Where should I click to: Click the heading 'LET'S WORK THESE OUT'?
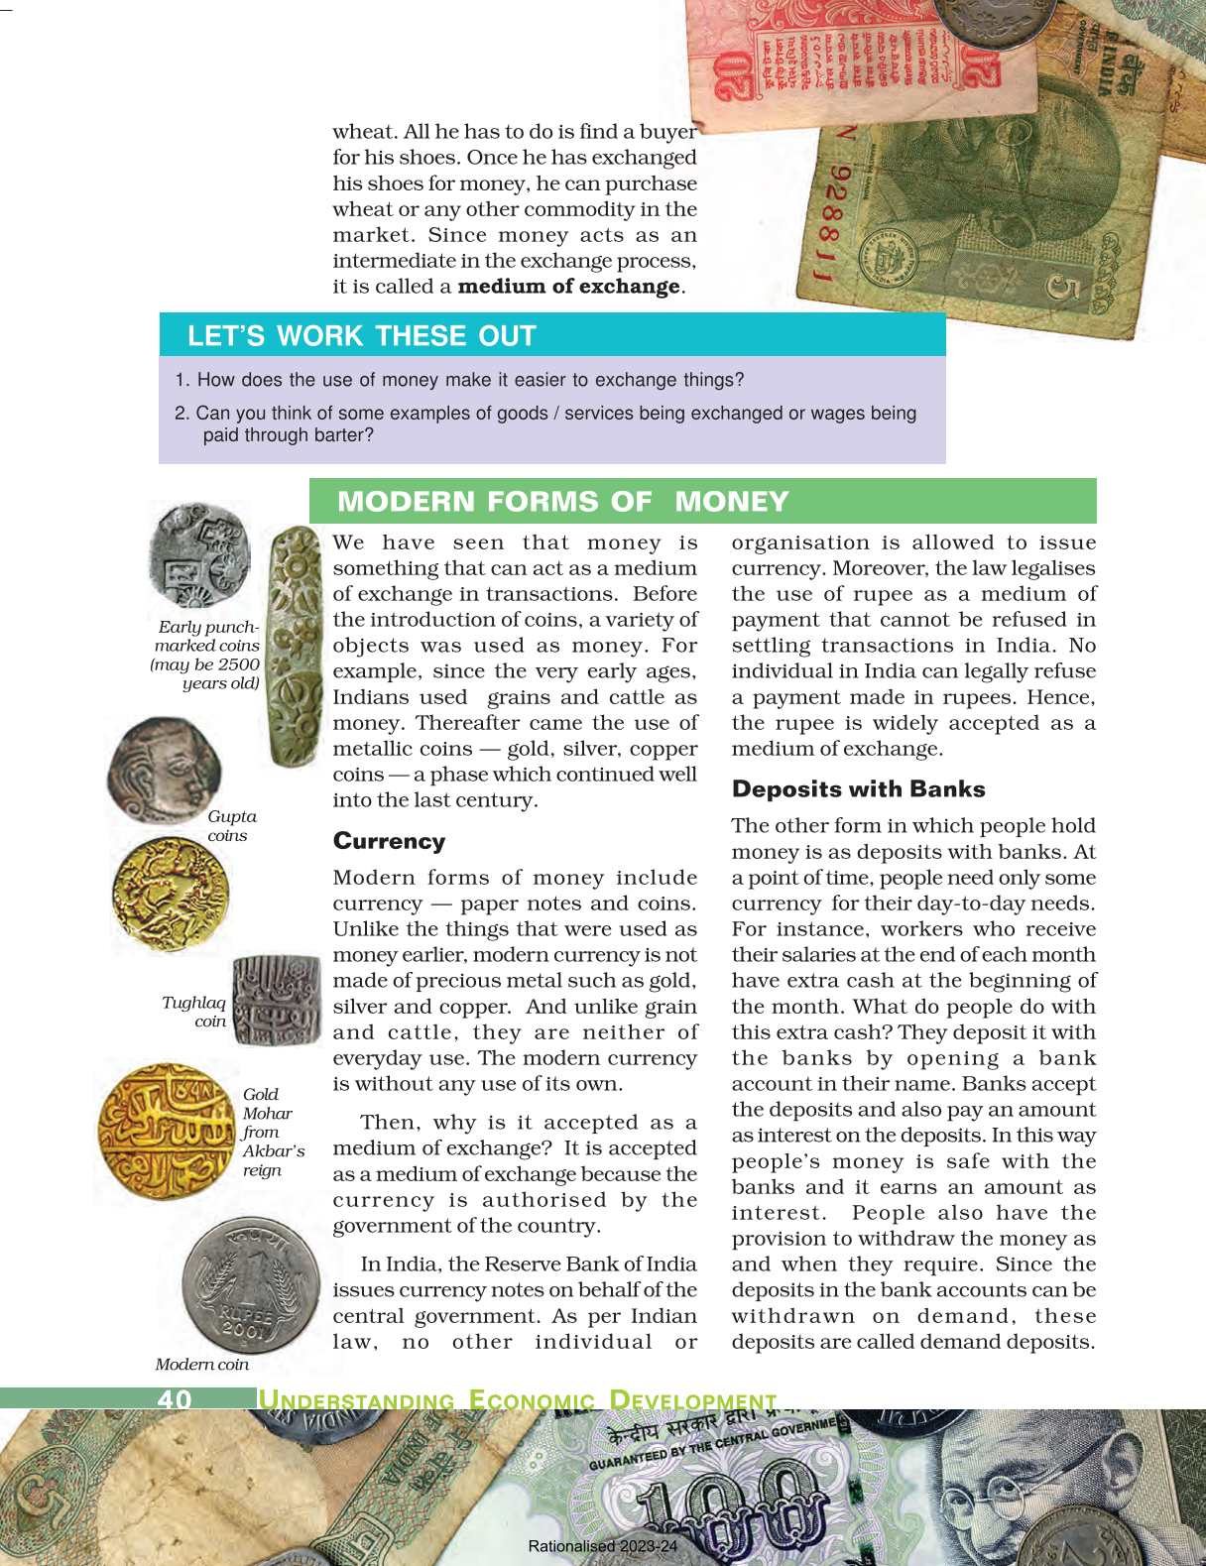click(361, 335)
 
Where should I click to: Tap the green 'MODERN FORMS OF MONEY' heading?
click(562, 501)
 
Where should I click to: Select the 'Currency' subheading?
click(389, 841)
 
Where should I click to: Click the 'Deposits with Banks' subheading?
click(858, 789)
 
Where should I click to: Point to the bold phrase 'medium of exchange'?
click(568, 287)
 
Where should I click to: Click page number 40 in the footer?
click(175, 1398)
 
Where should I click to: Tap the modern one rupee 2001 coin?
click(249, 1286)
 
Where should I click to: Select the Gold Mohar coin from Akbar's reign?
click(167, 1130)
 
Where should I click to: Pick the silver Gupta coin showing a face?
click(164, 770)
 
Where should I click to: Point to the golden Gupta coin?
click(170, 893)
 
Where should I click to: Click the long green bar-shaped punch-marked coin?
click(295, 646)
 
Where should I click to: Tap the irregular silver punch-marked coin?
click(198, 554)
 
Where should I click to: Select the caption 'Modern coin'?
click(202, 1365)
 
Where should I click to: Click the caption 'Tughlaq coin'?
click(195, 1012)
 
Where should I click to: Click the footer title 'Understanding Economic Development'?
click(517, 1400)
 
